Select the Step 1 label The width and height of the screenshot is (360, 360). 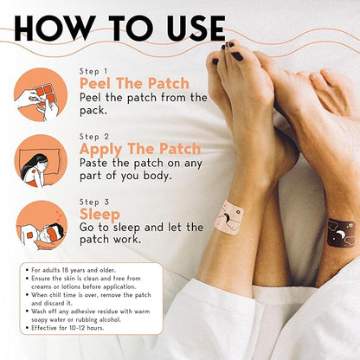coord(93,70)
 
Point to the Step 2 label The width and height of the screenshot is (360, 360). coord(94,136)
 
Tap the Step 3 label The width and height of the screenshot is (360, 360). coord(94,201)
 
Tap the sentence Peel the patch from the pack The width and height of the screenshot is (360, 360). coord(143,104)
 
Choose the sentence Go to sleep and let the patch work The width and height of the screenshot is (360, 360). coord(143,234)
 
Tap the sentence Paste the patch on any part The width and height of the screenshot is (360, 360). coord(143,169)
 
